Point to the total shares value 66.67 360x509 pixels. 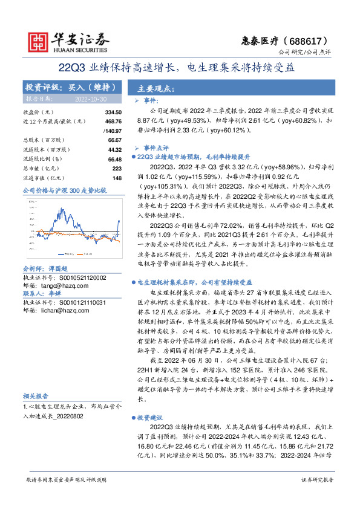[x=114, y=140]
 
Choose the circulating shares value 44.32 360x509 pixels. [x=114, y=149]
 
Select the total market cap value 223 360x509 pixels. [x=117, y=167]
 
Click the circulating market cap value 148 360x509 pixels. [x=117, y=177]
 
